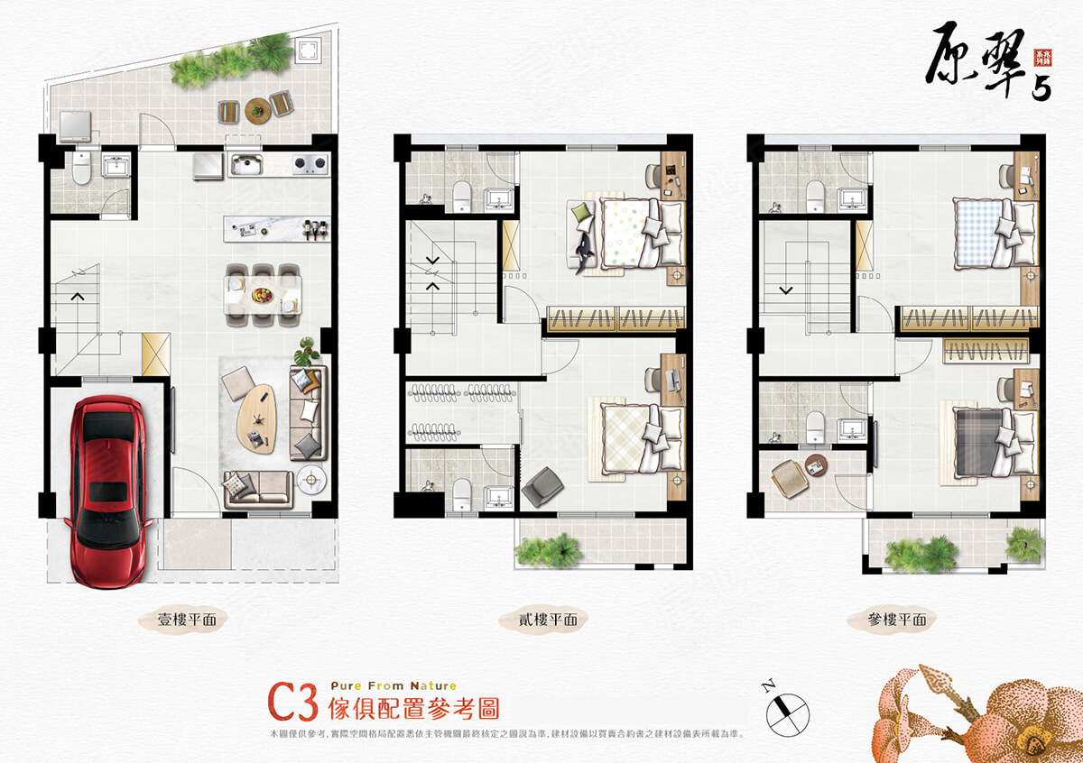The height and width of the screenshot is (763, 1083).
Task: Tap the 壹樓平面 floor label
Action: click(185, 620)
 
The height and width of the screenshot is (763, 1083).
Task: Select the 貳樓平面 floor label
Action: click(541, 620)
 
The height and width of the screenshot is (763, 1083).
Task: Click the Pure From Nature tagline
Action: click(393, 685)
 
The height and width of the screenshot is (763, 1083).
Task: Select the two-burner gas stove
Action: click(309, 164)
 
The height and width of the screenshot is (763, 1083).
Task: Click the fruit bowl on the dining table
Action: click(262, 294)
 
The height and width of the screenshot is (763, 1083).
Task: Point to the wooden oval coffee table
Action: click(255, 416)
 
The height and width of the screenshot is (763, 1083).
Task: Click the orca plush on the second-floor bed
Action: click(582, 246)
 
